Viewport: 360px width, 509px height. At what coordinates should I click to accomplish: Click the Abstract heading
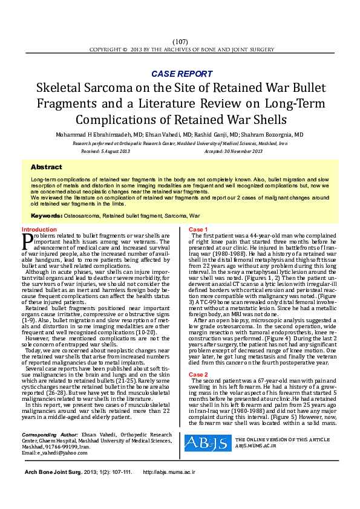point(46,167)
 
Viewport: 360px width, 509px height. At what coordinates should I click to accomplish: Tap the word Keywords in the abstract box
point(46,215)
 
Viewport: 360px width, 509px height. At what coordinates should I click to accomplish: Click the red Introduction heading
point(39,230)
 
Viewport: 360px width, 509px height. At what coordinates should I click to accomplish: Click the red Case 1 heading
point(198,230)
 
